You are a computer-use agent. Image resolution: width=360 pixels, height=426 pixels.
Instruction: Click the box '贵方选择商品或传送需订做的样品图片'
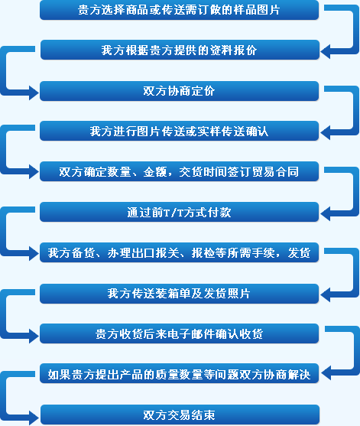point(179,10)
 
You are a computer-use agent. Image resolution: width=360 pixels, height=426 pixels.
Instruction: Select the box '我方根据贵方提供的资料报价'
point(180,50)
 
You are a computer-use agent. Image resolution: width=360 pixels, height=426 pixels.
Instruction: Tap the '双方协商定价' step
point(179,91)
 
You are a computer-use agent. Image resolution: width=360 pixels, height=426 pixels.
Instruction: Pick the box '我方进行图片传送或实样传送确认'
point(179,131)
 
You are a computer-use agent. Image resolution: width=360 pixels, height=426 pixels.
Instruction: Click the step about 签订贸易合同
point(179,171)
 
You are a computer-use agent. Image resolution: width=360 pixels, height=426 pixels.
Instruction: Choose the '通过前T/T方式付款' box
point(179,212)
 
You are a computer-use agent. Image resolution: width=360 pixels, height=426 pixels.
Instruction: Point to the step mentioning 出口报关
point(179,252)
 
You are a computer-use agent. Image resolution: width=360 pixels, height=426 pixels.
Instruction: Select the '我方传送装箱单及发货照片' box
point(179,294)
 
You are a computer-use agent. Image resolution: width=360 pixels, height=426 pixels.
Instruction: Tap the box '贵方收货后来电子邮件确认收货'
point(179,333)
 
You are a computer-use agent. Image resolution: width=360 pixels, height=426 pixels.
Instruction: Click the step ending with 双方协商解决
point(179,374)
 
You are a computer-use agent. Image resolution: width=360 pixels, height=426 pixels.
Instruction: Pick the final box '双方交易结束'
point(180,415)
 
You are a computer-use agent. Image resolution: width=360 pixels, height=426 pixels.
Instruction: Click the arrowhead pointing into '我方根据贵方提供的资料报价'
point(326,51)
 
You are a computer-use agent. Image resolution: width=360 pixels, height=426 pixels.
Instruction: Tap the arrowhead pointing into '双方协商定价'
point(34,93)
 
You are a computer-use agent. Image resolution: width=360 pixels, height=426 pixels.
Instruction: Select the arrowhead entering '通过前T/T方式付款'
point(326,213)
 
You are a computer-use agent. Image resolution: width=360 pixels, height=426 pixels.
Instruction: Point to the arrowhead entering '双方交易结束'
point(34,418)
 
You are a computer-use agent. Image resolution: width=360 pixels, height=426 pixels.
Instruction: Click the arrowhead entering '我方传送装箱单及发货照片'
point(326,294)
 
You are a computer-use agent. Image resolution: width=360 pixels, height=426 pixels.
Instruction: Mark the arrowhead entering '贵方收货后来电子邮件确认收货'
point(34,336)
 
